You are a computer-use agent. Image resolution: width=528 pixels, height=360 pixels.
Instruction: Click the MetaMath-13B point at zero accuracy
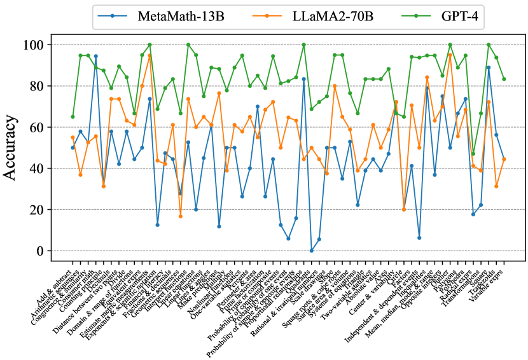(311, 251)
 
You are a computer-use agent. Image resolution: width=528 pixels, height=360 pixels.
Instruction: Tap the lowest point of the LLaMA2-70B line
(180, 216)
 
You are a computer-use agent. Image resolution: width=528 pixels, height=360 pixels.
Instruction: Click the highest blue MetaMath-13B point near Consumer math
(95, 56)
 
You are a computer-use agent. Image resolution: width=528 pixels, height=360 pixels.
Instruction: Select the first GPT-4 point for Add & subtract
(73, 117)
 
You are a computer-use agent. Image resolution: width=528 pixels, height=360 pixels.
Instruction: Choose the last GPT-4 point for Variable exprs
(504, 80)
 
